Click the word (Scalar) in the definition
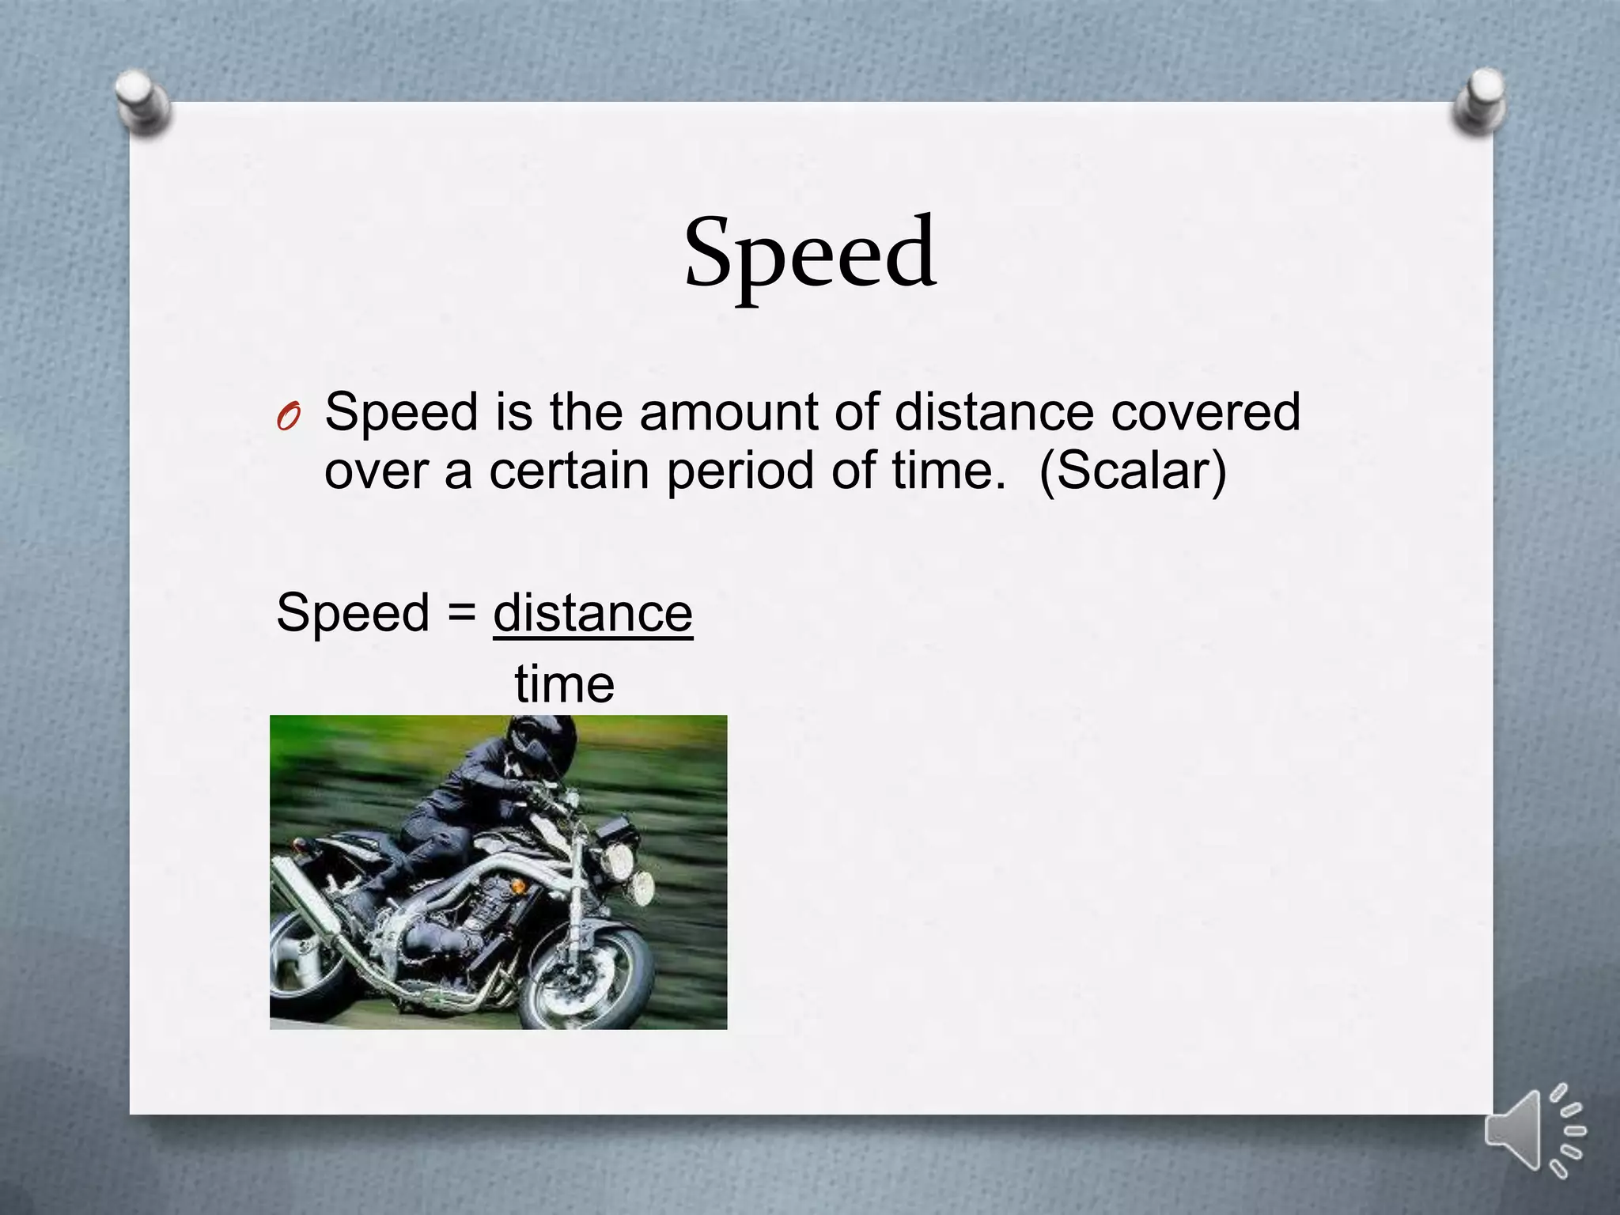point(1132,471)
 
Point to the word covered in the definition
point(1206,412)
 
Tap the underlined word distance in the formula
point(592,612)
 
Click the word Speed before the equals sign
point(353,614)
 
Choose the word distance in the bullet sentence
point(994,412)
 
